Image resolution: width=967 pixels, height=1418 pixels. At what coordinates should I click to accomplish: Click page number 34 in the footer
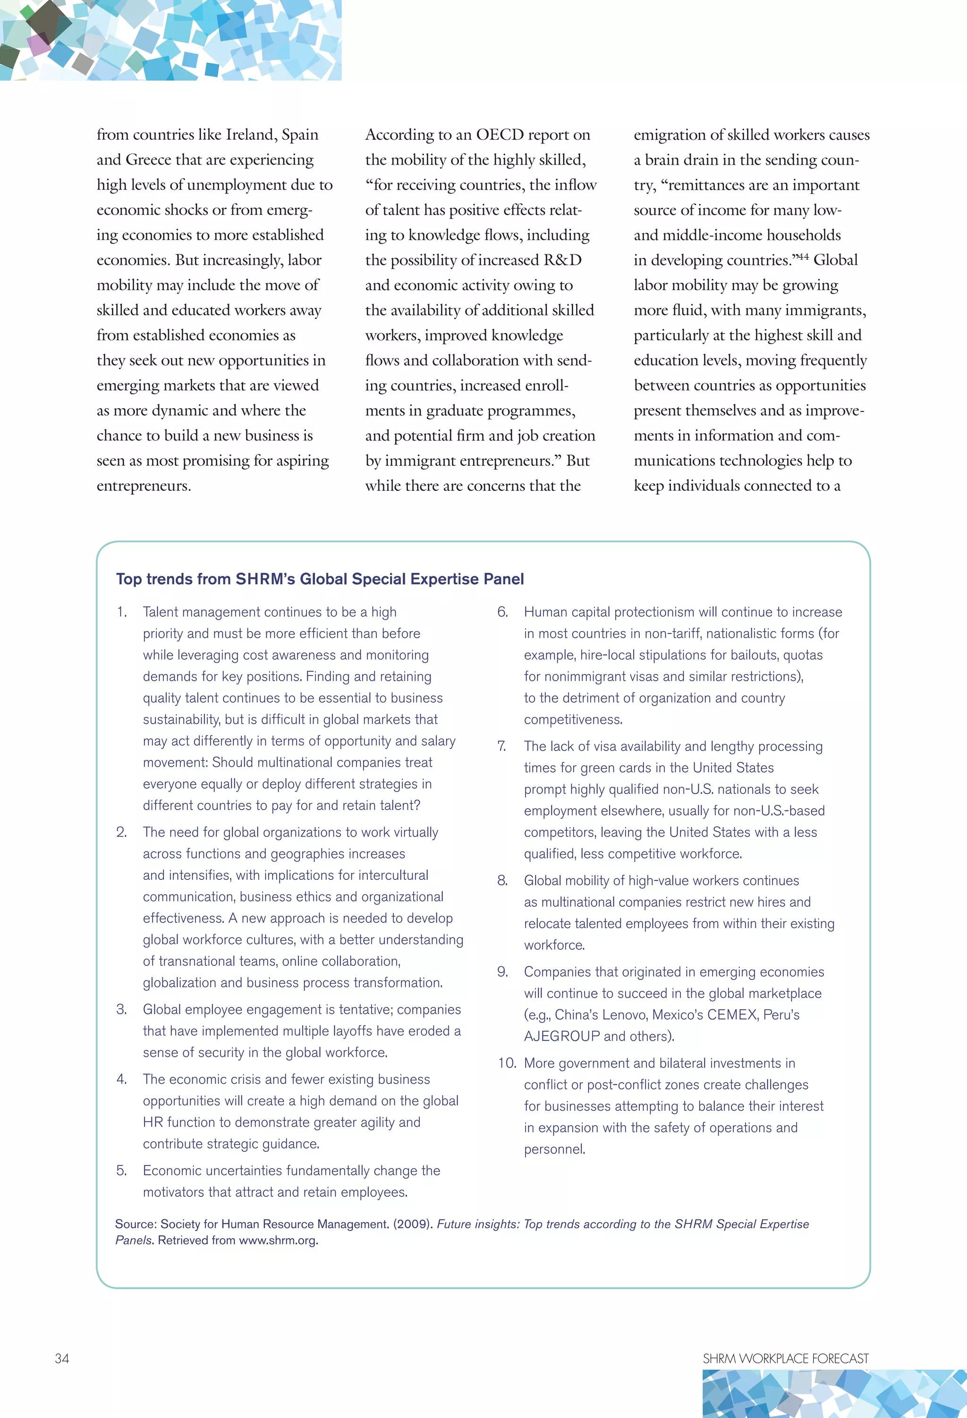coord(62,1358)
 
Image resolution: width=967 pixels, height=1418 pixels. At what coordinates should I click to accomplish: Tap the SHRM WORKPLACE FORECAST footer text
coord(785,1358)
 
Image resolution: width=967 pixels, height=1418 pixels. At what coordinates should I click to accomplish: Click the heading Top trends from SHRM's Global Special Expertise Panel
coord(320,578)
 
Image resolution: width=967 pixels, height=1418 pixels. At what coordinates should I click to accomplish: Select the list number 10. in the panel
coord(506,1063)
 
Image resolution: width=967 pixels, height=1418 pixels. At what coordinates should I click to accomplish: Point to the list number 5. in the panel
coord(121,1170)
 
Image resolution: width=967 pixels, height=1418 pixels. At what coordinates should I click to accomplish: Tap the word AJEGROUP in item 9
coord(561,1036)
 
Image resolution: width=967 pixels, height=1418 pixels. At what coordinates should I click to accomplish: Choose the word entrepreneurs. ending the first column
coord(144,486)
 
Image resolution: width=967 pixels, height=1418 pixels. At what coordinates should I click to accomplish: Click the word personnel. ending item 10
coord(554,1149)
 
